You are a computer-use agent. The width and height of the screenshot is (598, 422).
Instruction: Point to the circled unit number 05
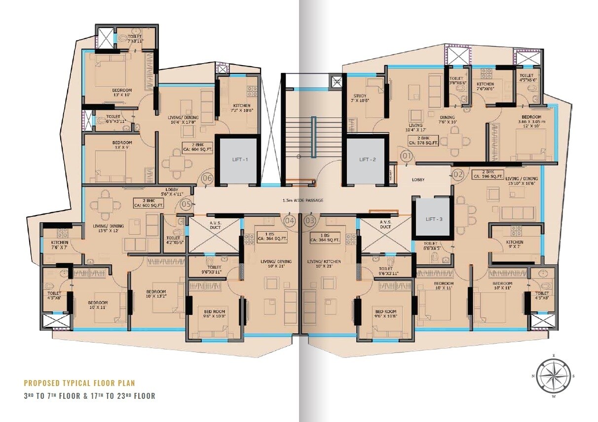186,204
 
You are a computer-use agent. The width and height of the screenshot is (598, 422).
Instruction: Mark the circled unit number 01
407,157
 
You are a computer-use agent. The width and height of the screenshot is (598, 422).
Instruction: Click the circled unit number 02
458,174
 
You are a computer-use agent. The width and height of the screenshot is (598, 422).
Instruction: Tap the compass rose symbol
553,375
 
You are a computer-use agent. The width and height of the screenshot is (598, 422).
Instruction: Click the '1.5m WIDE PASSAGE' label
303,200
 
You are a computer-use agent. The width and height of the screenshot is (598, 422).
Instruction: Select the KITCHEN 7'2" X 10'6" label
240,108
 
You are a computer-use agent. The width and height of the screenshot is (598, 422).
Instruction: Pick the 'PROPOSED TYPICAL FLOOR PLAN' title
79,383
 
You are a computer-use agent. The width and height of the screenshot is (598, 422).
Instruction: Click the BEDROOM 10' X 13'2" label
159,294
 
